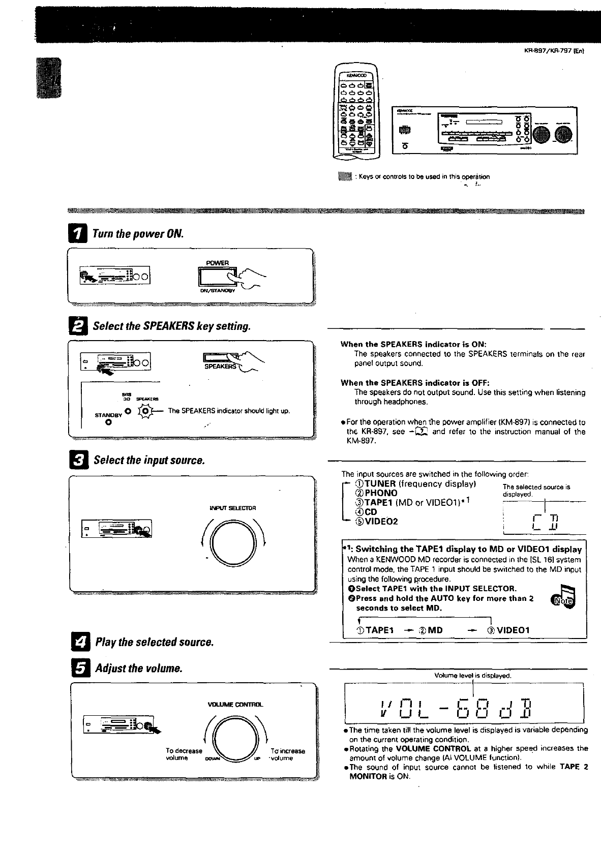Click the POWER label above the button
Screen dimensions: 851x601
click(x=217, y=263)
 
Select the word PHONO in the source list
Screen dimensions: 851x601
click(x=381, y=493)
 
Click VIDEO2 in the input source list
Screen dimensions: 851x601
click(x=381, y=521)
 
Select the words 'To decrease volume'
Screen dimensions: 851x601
click(x=184, y=754)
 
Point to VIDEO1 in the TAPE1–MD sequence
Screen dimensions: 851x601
click(x=513, y=630)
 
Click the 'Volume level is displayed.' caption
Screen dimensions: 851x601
click(x=472, y=676)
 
